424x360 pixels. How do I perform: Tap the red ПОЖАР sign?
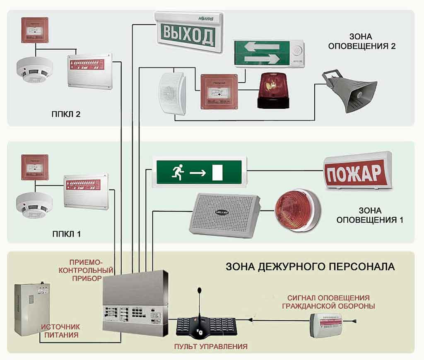pyautogui.click(x=358, y=172)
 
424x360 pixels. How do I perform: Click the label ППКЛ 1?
pyautogui.click(x=67, y=235)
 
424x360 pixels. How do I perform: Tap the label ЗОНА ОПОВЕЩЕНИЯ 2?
pyautogui.click(x=362, y=41)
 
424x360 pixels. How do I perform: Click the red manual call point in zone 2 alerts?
pyautogui.click(x=219, y=91)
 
